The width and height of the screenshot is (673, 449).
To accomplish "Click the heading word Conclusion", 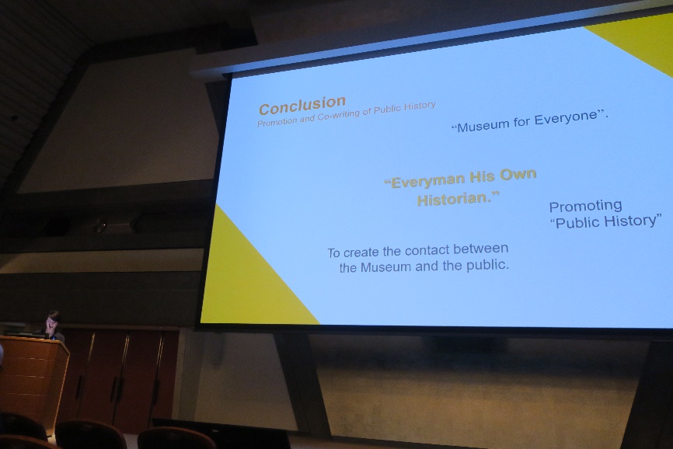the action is [x=302, y=106].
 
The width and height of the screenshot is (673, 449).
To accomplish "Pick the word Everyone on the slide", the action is [x=566, y=117].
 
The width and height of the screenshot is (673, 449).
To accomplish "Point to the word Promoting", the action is [x=585, y=206].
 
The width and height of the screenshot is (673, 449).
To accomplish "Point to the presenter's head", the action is [x=54, y=318].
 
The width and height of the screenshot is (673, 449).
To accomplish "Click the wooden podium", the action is [x=32, y=378].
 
